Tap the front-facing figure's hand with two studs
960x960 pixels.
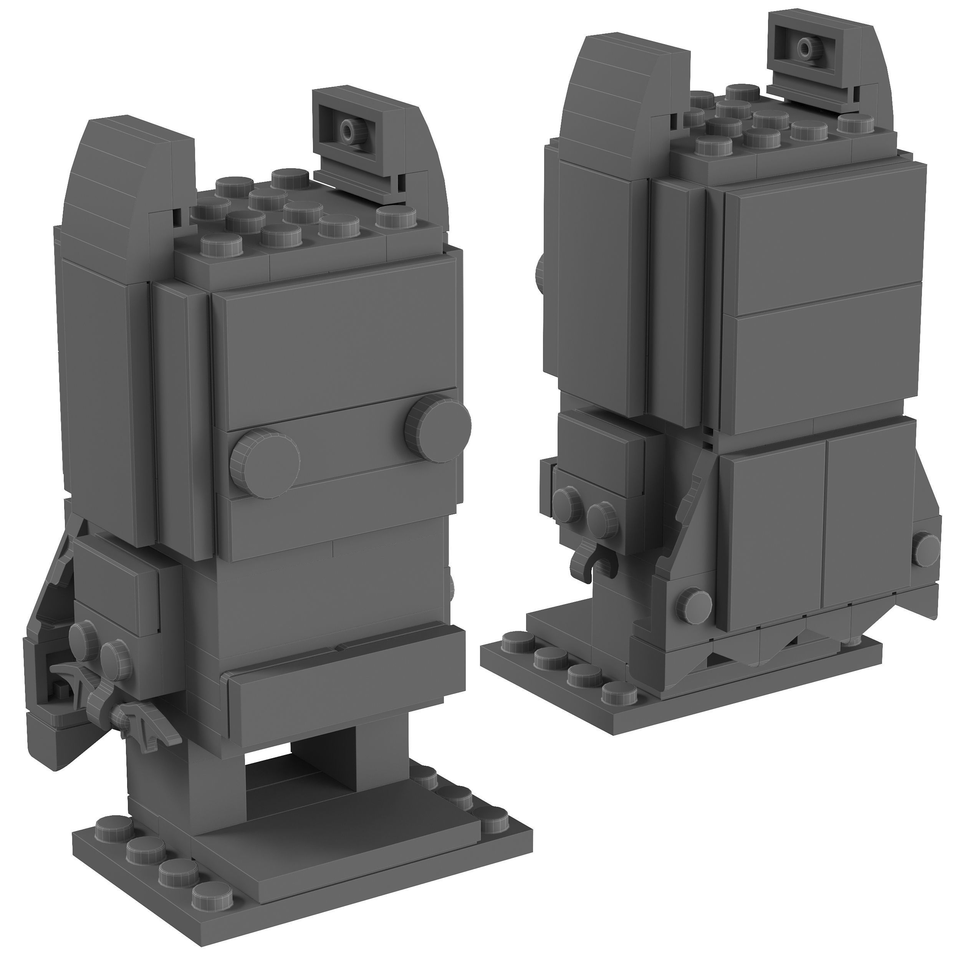(99, 646)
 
